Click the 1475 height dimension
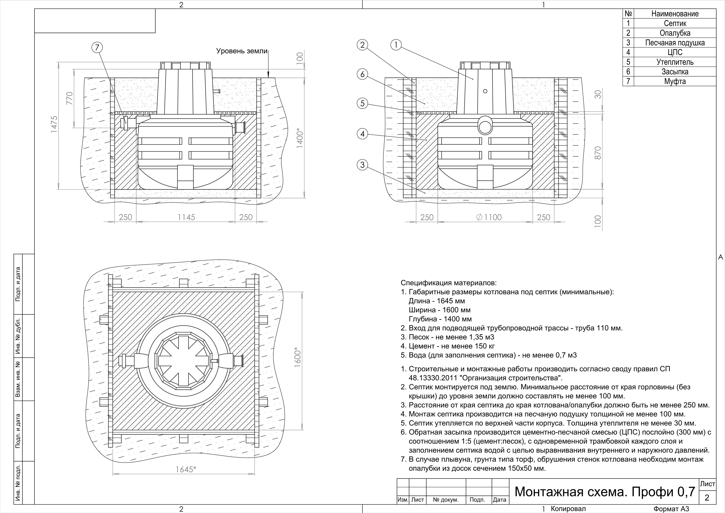(x=54, y=124)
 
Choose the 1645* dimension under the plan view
(x=186, y=469)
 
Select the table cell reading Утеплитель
(x=675, y=62)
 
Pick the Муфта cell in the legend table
(x=675, y=81)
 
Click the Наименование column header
(x=675, y=14)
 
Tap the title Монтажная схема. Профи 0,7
(x=605, y=492)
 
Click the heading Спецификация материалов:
(x=448, y=283)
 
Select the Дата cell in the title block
(x=500, y=500)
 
